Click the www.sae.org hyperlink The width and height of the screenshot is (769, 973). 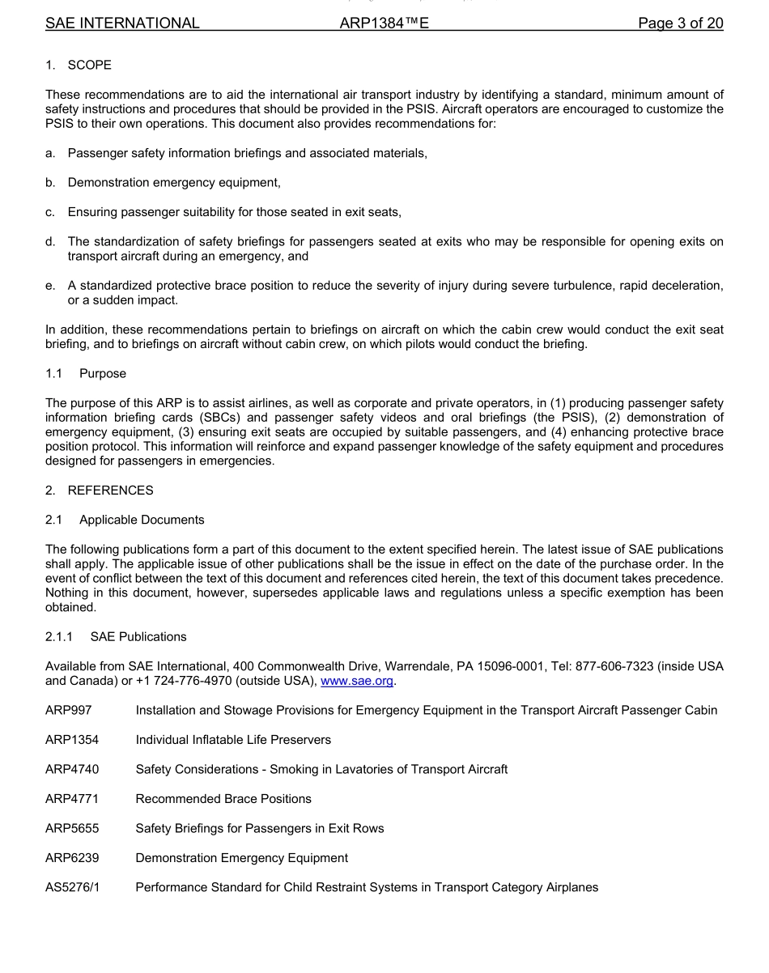click(x=357, y=681)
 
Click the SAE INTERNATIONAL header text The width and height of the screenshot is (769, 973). click(x=122, y=23)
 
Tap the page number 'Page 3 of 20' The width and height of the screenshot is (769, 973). click(x=680, y=23)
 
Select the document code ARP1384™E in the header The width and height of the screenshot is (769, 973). click(x=384, y=23)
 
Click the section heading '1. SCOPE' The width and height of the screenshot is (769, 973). click(x=79, y=65)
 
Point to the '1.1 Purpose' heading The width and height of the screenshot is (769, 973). click(x=86, y=374)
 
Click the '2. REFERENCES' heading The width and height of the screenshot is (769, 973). click(x=99, y=490)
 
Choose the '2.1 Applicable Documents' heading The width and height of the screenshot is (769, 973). click(x=125, y=520)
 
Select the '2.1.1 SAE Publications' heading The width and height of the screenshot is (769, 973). click(x=116, y=637)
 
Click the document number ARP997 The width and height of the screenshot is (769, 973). click(x=69, y=710)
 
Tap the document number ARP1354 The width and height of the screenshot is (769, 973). click(x=72, y=740)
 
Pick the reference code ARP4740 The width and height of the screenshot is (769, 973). click(x=72, y=769)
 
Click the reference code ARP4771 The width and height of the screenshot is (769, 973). click(x=72, y=799)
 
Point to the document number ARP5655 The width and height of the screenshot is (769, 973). click(x=72, y=828)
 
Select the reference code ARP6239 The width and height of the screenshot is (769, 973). click(x=72, y=857)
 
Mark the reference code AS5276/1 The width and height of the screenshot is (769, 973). click(x=72, y=887)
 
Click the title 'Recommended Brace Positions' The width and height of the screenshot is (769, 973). click(x=223, y=799)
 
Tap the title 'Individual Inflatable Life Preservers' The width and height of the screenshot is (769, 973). click(x=233, y=740)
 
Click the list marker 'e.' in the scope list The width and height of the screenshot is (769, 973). click(x=50, y=286)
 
